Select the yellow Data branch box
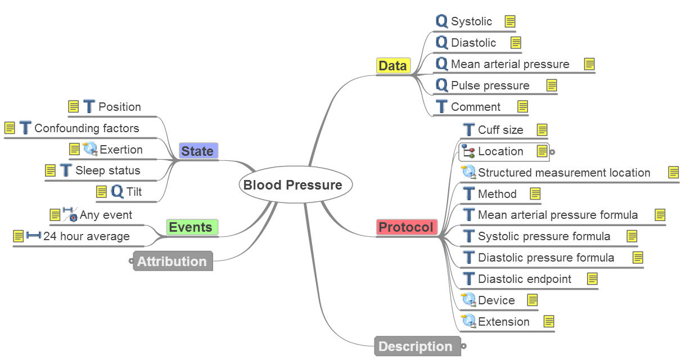point(392,66)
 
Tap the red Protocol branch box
point(406,227)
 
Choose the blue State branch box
point(197,151)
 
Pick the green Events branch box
point(191,227)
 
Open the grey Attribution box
point(172,262)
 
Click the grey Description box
point(416,346)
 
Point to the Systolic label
point(471,22)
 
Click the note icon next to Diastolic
point(516,43)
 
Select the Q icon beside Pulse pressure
point(442,85)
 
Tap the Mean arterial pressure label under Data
point(510,64)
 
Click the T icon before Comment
point(442,107)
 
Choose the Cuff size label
point(500,130)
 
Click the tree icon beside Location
point(468,151)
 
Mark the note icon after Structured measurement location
point(673,173)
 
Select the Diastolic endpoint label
point(525,279)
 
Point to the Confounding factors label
point(87,128)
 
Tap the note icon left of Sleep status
point(50,170)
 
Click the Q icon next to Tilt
point(117,192)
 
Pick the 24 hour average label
point(87,236)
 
